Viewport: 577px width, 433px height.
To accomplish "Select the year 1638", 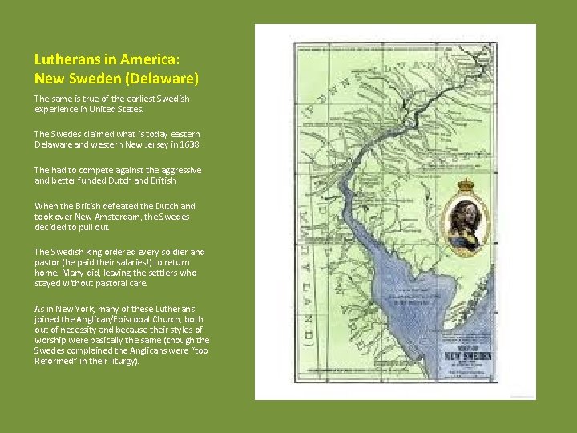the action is tap(191, 144).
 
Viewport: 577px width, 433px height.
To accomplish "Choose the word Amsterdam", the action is tap(115, 216).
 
